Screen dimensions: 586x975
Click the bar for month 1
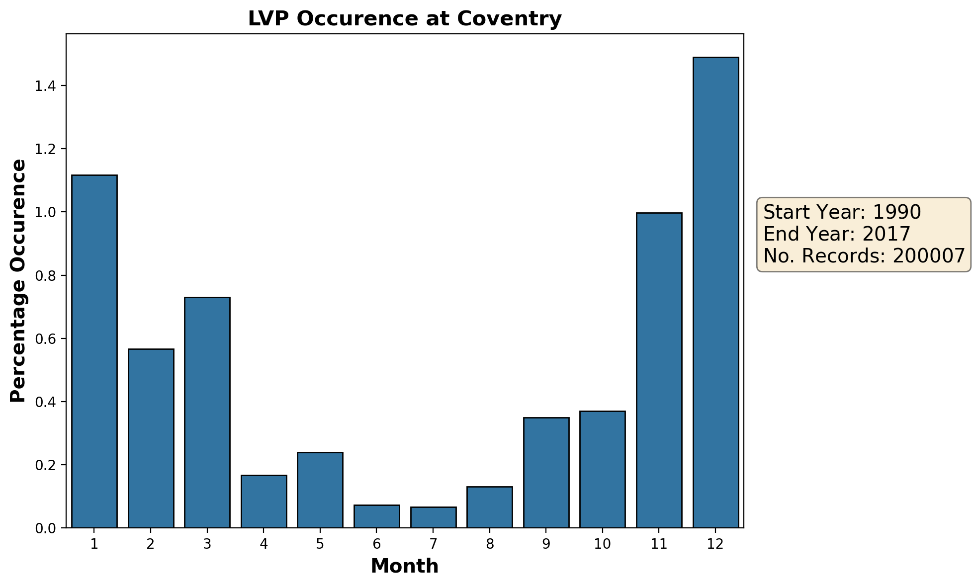[x=94, y=351]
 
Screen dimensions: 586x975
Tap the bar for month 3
[x=207, y=412]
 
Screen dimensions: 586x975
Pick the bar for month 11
[x=659, y=370]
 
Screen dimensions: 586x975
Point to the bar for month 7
[x=433, y=517]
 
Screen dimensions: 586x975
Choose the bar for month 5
[x=320, y=490]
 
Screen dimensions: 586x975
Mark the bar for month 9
[x=546, y=472]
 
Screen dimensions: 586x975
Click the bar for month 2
[x=151, y=438]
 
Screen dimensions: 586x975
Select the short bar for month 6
[x=377, y=516]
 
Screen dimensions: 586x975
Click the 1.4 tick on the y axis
[x=46, y=86]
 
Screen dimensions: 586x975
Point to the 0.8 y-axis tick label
[x=46, y=276]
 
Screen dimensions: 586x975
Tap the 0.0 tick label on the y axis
[x=46, y=528]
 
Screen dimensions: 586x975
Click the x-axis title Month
[x=405, y=567]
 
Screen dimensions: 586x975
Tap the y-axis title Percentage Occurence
[x=18, y=281]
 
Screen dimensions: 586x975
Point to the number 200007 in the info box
[x=928, y=256]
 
